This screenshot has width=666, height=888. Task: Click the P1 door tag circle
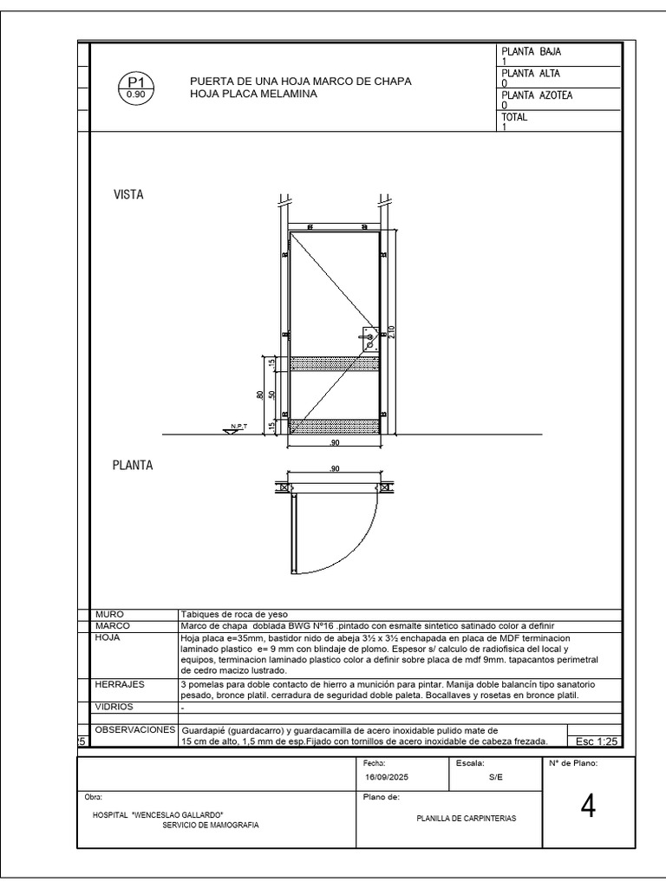pyautogui.click(x=135, y=88)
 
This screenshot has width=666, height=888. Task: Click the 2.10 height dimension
pyautogui.click(x=392, y=331)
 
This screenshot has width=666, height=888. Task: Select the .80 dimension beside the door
pyautogui.click(x=260, y=395)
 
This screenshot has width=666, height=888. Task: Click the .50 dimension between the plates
pyautogui.click(x=272, y=395)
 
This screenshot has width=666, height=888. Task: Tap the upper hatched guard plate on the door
pyautogui.click(x=334, y=363)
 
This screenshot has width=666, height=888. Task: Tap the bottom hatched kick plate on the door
pyautogui.click(x=334, y=426)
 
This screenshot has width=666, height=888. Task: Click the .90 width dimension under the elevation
pyautogui.click(x=334, y=443)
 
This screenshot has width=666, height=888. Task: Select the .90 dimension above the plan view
pyautogui.click(x=335, y=469)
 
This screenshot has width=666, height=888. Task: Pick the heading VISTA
pyautogui.click(x=128, y=195)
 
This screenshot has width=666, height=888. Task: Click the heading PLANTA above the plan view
pyautogui.click(x=133, y=466)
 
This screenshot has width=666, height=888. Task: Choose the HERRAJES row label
pyautogui.click(x=120, y=684)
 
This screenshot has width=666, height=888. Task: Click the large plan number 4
pyautogui.click(x=589, y=807)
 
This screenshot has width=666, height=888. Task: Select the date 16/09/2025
pyautogui.click(x=386, y=778)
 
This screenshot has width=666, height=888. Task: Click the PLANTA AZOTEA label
pyautogui.click(x=538, y=95)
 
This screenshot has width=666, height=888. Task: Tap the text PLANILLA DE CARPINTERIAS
pyautogui.click(x=467, y=818)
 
